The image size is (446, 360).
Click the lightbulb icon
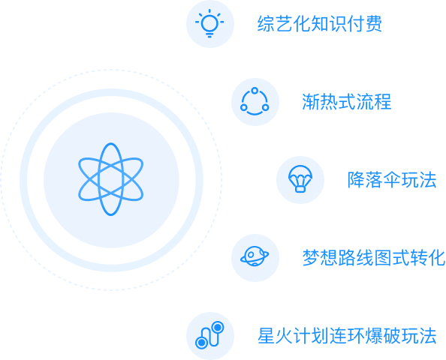[209, 23]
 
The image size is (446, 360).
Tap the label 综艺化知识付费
[319, 24]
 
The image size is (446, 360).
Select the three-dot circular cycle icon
[255, 101]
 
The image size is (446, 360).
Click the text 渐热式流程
[346, 102]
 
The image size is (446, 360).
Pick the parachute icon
[300, 179]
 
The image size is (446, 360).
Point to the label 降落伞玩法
[392, 179]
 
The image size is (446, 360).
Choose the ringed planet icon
[255, 256]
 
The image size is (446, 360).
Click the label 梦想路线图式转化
[373, 258]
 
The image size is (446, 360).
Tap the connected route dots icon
[209, 335]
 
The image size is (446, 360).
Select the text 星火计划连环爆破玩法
[347, 336]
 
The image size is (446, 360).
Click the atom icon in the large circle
[111, 179]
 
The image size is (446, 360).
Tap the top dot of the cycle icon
[255, 91]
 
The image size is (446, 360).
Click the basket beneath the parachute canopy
[300, 189]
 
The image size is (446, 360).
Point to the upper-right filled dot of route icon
[218, 327]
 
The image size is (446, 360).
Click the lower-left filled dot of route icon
[201, 343]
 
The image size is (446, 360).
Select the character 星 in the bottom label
[267, 336]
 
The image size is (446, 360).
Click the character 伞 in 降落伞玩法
[392, 179]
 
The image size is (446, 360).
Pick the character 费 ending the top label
[373, 24]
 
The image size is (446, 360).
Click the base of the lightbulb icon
[209, 35]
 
